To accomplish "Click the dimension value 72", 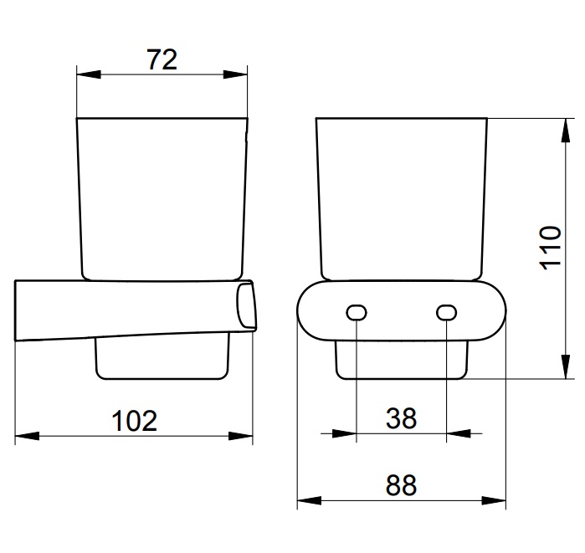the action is click(x=162, y=59).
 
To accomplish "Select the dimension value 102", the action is click(x=134, y=421).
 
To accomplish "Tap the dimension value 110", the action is click(x=551, y=248).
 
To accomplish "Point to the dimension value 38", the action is click(x=401, y=418).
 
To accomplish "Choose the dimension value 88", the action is click(x=401, y=485).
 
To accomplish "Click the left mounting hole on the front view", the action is click(x=357, y=313).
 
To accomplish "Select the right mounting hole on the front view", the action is click(x=446, y=313).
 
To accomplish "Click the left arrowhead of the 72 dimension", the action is click(x=89, y=74).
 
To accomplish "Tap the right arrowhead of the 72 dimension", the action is click(x=235, y=74).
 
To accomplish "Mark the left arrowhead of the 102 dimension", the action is click(x=27, y=436).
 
